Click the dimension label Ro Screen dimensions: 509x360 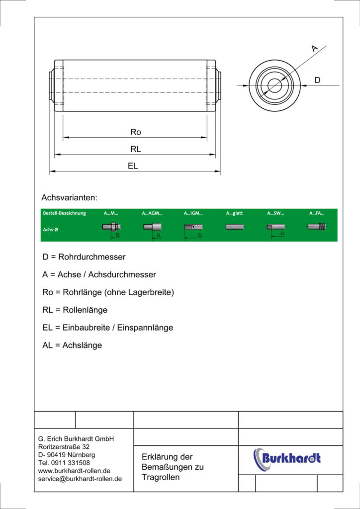(x=136, y=132)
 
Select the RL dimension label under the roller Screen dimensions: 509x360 (x=136, y=149)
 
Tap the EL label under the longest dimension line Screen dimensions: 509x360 (x=133, y=166)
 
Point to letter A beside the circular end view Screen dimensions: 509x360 (x=314, y=48)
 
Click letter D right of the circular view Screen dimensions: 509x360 (x=317, y=80)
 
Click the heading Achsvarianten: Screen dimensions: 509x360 (x=70, y=197)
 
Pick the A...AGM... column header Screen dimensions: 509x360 (x=152, y=213)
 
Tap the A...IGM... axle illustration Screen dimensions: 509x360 (x=194, y=227)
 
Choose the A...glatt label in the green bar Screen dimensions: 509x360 (x=235, y=213)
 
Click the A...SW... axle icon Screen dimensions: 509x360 (x=275, y=227)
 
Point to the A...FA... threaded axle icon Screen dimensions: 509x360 (x=317, y=227)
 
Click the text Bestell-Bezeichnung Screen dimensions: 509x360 (x=64, y=213)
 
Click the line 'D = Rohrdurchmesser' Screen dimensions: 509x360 (x=84, y=257)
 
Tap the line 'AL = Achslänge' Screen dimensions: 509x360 (x=72, y=345)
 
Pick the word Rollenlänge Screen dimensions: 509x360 (x=85, y=310)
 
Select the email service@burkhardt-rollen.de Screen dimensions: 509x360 (x=80, y=479)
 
